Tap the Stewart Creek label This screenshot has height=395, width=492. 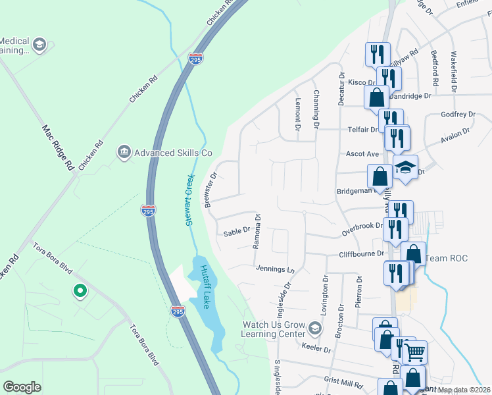(189, 199)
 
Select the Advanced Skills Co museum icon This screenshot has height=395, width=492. (123, 153)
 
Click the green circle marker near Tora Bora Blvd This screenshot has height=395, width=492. (80, 290)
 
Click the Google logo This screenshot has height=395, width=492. (22, 387)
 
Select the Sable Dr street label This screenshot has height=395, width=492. (237, 232)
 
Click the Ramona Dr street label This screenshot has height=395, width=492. (257, 230)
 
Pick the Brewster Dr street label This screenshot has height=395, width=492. (211, 190)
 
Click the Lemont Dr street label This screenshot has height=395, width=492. (298, 110)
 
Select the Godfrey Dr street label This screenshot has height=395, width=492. (458, 114)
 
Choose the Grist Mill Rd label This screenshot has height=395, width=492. (343, 381)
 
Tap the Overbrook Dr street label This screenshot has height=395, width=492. (362, 230)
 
